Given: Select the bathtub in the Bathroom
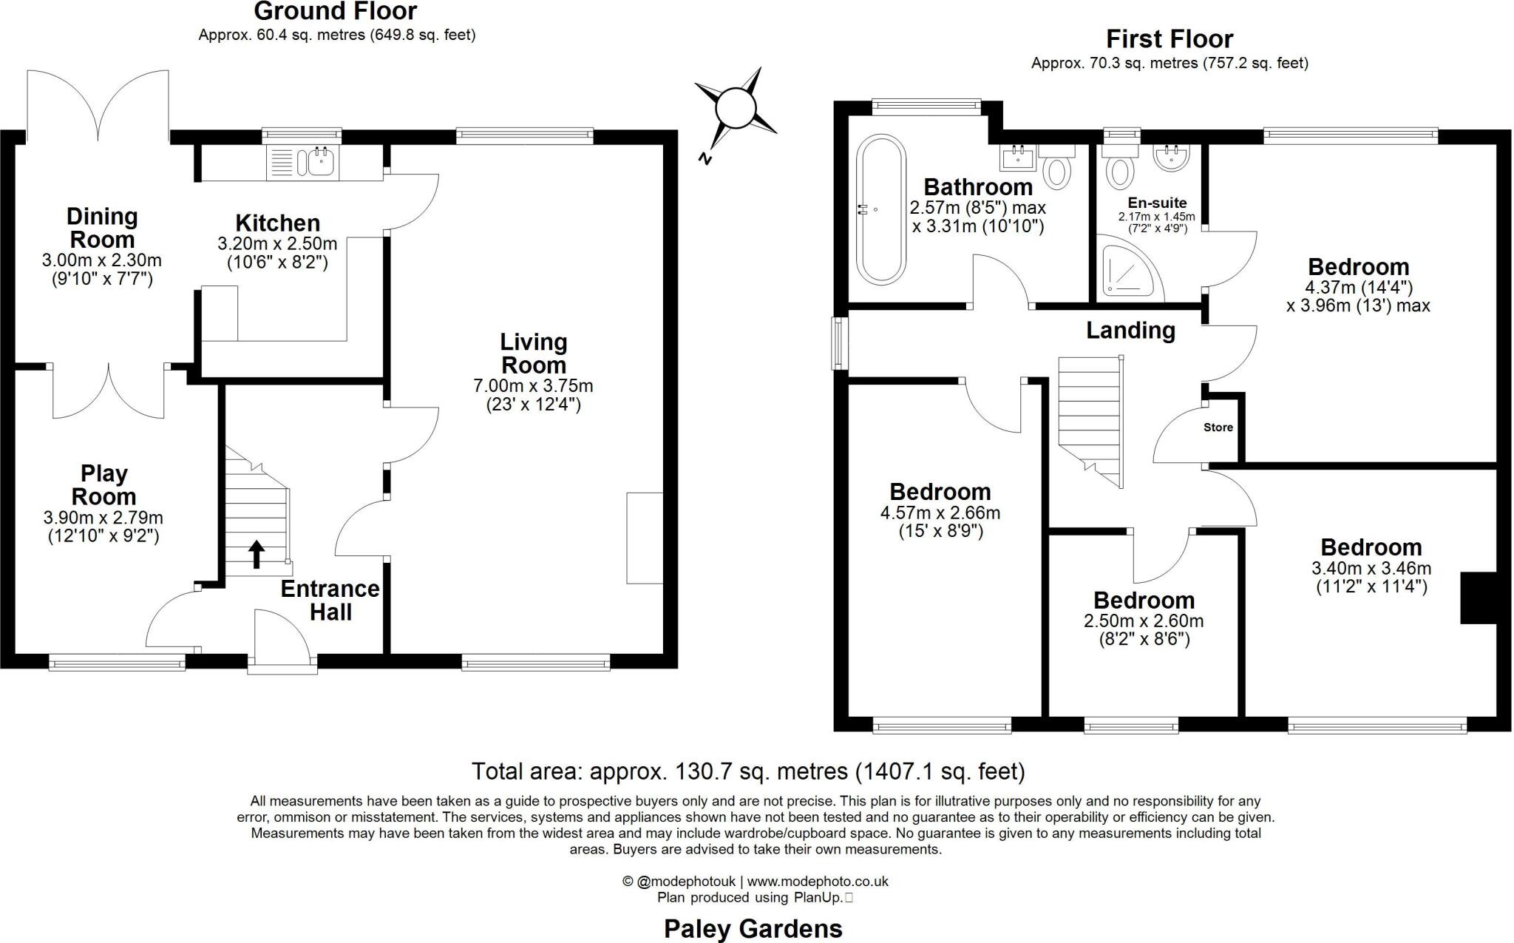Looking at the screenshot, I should coord(880,209).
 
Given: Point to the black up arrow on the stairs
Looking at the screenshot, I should coord(257,554).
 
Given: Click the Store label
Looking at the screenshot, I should coord(1218,427).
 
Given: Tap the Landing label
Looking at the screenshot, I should coord(1130,330).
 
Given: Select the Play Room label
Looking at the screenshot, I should coord(104,484).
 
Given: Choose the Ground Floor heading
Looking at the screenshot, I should coord(336,11).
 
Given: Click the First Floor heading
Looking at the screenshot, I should coord(1170,38).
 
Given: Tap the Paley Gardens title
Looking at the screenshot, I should coord(753,928).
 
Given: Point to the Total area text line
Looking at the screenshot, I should coord(748,771).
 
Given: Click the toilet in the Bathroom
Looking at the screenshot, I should coord(1058,167).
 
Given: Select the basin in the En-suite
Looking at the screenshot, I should coord(1171,158).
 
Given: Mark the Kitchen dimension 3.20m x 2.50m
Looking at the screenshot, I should coord(277,243).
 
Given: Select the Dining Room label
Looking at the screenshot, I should coord(102,227).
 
